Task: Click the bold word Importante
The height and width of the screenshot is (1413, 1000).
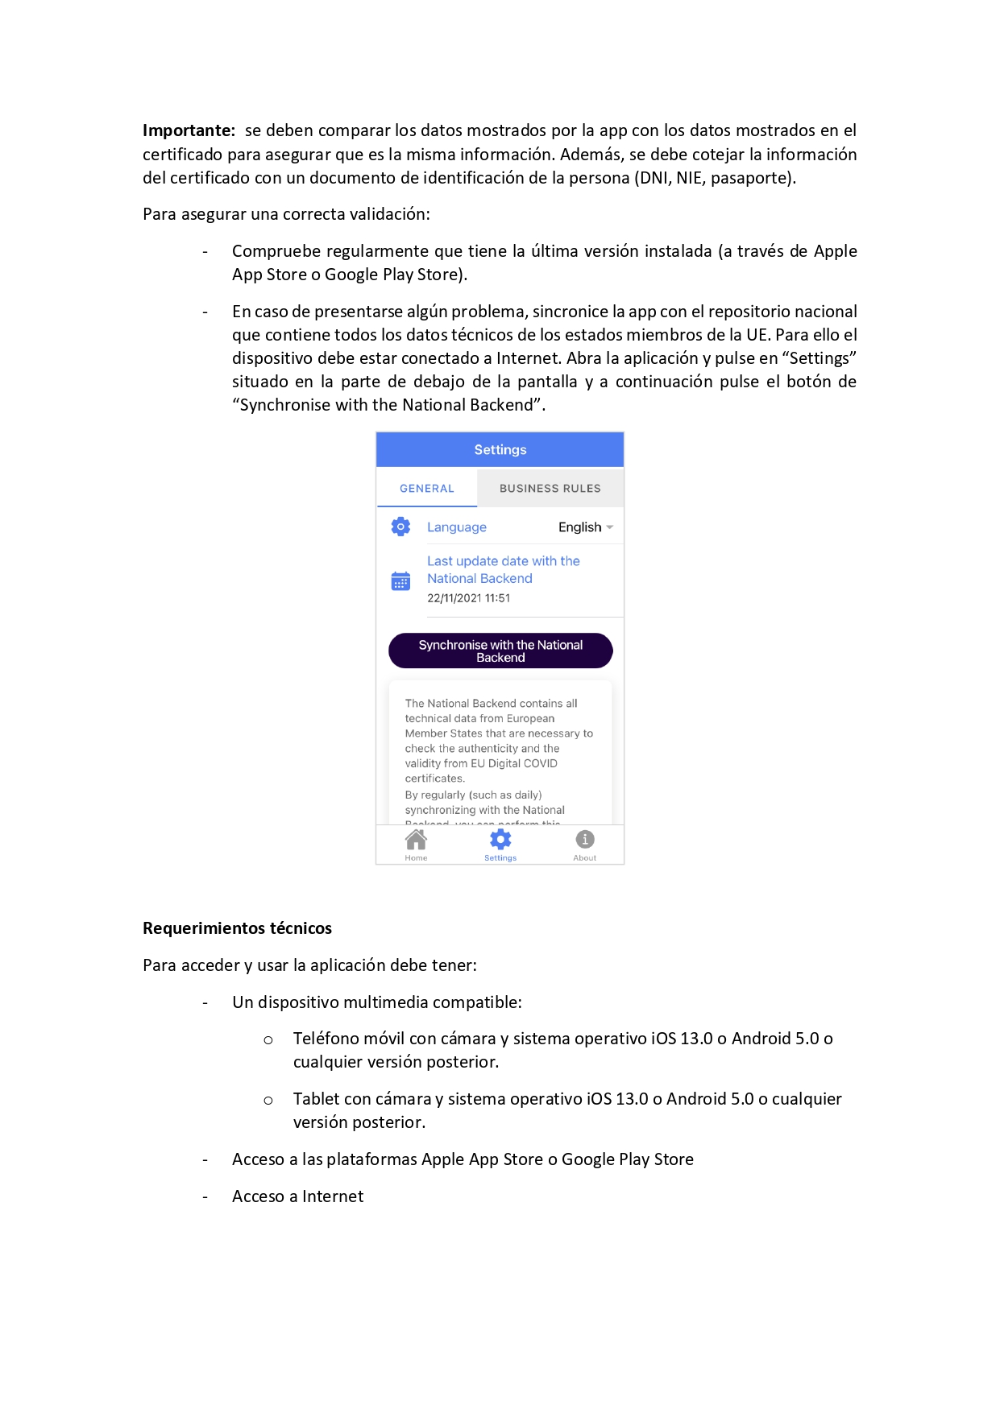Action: click(189, 130)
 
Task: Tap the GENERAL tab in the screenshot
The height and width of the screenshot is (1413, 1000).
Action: click(426, 489)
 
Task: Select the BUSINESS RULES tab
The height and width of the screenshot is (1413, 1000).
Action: click(550, 489)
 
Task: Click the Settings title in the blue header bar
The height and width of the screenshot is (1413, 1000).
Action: click(500, 450)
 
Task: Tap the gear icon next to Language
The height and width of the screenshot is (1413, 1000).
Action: click(400, 527)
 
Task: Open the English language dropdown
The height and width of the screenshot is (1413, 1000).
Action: click(586, 527)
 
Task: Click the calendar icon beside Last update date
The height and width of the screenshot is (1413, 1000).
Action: click(400, 580)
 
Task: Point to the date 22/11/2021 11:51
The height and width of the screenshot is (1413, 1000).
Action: click(468, 598)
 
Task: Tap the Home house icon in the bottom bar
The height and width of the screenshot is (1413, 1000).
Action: click(416, 841)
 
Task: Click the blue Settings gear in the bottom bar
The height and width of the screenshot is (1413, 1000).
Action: click(500, 840)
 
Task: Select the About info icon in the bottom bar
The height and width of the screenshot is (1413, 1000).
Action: click(585, 840)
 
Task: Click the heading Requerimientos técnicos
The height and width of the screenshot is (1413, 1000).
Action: click(237, 928)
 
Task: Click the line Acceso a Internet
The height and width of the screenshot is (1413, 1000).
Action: click(297, 1196)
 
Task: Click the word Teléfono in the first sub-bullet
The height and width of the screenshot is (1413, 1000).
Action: click(327, 1039)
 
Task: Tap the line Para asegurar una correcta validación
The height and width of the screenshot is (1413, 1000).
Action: click(286, 214)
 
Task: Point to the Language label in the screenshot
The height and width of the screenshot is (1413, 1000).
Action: click(456, 527)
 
